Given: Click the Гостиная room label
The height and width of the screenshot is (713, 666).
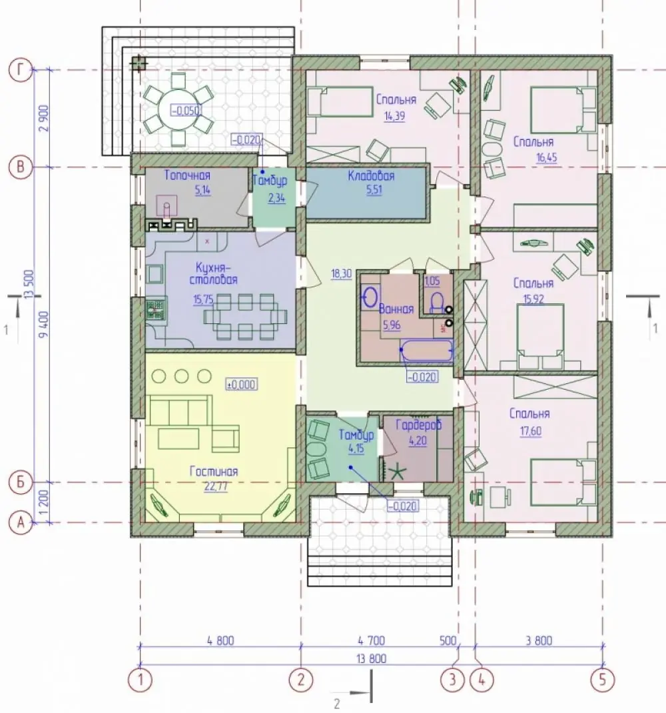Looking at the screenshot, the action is (214, 472).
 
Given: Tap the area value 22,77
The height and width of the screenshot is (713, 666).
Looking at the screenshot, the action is (216, 486).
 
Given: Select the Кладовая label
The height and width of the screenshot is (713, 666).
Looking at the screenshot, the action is (371, 176).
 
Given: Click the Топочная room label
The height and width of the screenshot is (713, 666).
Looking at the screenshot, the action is (187, 175).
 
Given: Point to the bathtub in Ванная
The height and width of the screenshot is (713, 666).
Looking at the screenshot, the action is (426, 351).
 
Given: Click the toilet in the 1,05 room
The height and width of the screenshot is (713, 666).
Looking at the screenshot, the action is (437, 303).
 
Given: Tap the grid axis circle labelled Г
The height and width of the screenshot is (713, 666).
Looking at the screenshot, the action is (20, 71).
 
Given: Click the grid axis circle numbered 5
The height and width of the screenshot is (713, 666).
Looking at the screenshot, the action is (603, 680).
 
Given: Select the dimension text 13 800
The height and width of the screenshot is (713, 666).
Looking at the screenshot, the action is (372, 658).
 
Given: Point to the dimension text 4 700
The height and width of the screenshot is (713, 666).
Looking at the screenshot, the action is (371, 640).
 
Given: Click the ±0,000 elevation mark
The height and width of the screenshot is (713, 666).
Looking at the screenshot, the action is (241, 384).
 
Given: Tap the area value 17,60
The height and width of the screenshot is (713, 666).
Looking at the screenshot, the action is (531, 430).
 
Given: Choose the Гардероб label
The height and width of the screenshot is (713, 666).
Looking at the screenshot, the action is (418, 426).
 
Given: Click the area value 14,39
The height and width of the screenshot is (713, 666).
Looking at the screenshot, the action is (394, 115).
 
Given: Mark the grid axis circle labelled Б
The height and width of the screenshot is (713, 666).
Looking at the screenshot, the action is (20, 482).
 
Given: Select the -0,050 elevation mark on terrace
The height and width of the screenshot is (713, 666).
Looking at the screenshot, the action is (186, 111).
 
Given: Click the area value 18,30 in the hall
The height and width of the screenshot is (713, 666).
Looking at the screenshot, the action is (342, 274).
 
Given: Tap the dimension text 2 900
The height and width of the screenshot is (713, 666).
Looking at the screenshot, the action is (44, 118).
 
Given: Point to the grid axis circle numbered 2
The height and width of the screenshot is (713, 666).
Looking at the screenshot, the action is (300, 680).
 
